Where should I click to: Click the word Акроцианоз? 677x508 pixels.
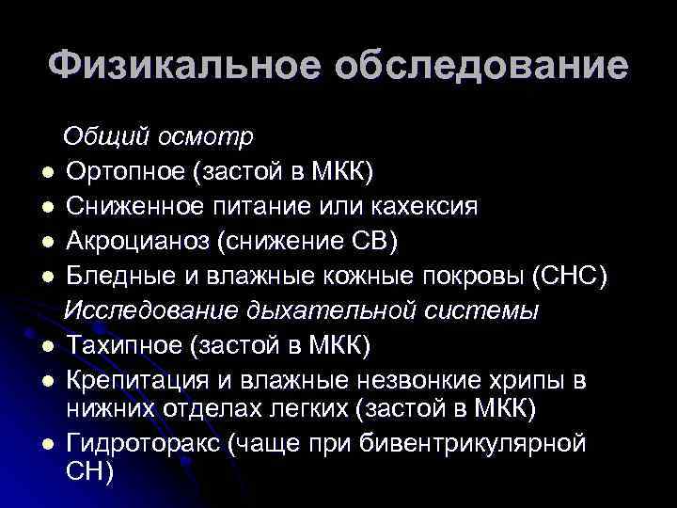pyautogui.click(x=139, y=241)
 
